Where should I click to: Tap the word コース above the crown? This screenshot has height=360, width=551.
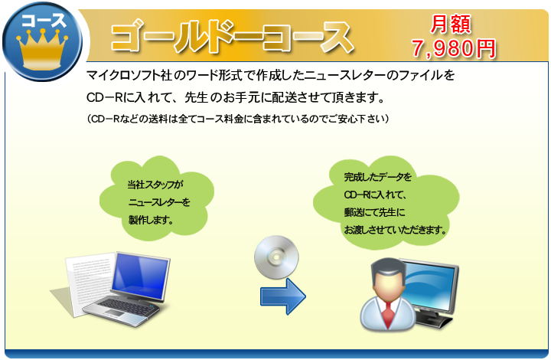click(x=44, y=20)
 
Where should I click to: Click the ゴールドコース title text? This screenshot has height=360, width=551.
click(x=233, y=37)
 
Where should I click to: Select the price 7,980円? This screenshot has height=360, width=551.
click(x=454, y=48)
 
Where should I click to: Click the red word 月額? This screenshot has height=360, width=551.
click(x=451, y=25)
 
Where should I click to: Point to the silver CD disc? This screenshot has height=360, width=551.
click(x=276, y=257)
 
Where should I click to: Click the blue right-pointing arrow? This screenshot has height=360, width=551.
click(x=283, y=296)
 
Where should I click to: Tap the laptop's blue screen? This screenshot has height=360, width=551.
click(x=140, y=277)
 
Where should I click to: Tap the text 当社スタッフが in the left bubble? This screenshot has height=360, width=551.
click(x=155, y=185)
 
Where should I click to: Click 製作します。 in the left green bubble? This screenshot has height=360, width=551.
click(x=151, y=221)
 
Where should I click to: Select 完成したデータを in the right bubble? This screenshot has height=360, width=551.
click(x=377, y=177)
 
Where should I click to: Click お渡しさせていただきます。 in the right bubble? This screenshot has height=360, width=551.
click(x=396, y=231)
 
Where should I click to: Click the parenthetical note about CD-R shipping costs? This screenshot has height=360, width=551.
click(x=238, y=119)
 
